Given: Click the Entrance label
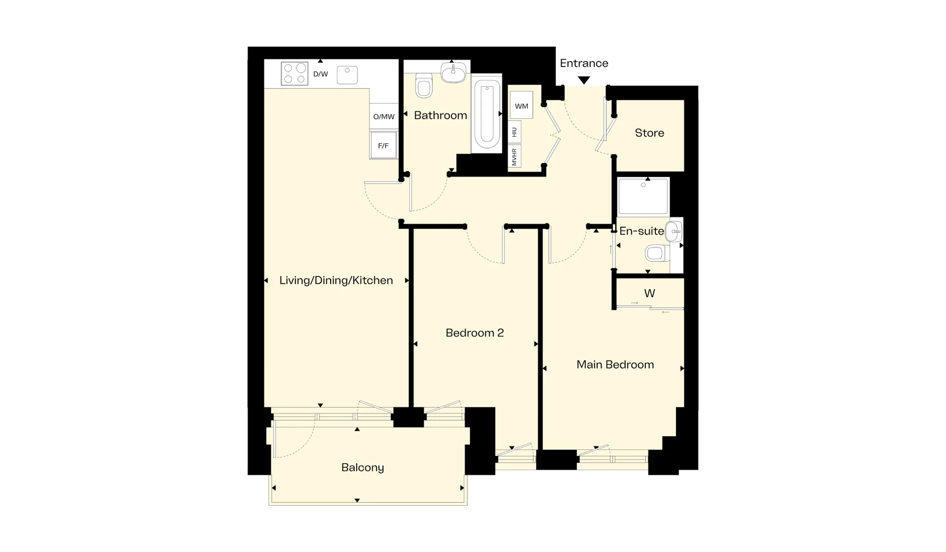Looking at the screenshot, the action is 584,63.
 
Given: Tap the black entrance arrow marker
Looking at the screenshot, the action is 584,80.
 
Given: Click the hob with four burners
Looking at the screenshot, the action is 294,74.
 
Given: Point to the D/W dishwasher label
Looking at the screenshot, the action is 321,74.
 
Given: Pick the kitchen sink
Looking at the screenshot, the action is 347,75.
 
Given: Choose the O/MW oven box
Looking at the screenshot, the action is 384,117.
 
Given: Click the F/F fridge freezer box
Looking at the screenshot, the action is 384,146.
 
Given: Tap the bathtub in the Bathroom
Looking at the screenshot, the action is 487,114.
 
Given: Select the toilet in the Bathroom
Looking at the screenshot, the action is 424,86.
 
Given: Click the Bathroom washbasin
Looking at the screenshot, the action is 453,72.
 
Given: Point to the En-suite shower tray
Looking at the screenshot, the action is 643,197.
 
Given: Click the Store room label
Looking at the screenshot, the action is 650,133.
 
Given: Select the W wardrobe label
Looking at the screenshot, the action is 650,293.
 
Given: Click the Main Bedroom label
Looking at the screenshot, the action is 615,364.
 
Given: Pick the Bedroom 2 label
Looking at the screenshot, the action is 475,333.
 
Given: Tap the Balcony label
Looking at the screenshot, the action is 363,467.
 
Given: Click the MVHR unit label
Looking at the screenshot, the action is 515,157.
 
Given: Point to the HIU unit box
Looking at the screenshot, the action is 515,132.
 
